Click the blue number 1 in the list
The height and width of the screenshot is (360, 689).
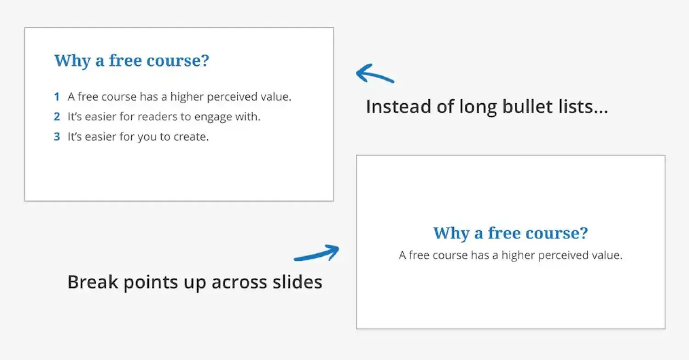[57, 96]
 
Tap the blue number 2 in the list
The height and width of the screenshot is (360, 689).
[57, 117]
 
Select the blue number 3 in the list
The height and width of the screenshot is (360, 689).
[57, 136]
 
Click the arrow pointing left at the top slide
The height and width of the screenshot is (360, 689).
[375, 74]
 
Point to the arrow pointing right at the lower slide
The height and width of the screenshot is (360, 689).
[317, 253]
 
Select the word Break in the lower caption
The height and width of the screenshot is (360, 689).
[93, 281]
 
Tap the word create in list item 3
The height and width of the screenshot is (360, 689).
[191, 137]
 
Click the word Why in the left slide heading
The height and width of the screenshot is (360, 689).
[72, 61]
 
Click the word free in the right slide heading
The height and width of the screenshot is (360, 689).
[504, 232]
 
